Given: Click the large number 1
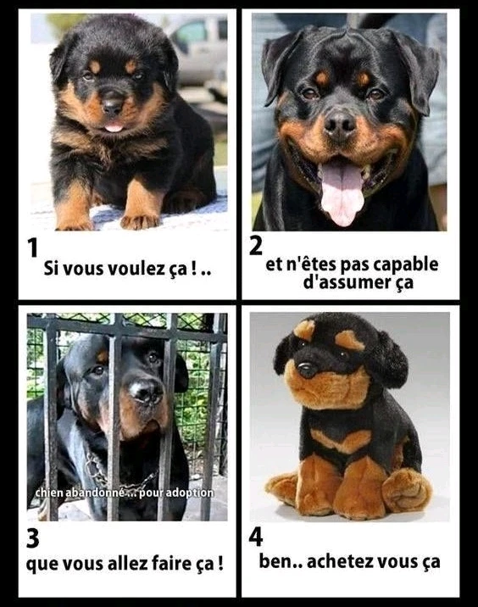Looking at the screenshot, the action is (33, 248).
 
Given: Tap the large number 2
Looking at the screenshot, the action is (256, 246).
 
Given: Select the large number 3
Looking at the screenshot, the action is (33, 538).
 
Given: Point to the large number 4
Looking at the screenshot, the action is (256, 537).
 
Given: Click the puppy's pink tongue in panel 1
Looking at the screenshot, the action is (114, 127).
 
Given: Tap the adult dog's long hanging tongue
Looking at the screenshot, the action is (342, 192).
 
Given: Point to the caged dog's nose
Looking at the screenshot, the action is (147, 392).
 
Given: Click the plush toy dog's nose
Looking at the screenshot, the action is (308, 370).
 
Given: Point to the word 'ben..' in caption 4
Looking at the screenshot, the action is (280, 561).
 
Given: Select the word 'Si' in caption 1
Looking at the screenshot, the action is (51, 268).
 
